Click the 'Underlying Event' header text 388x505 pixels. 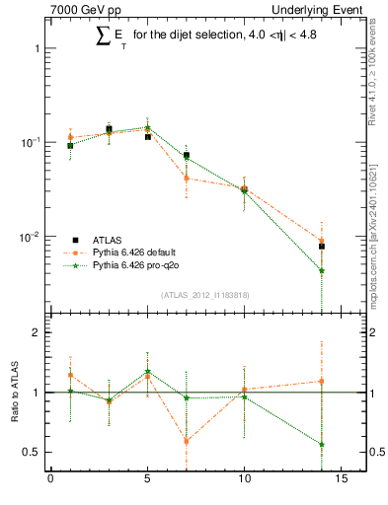click(317, 10)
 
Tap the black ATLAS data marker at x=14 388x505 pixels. click(322, 247)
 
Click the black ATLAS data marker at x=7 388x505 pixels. click(187, 155)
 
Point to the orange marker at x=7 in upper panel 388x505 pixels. click(187, 179)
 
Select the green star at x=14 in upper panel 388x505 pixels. click(322, 270)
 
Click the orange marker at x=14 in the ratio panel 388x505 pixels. click(322, 381)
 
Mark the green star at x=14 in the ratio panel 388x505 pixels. click(322, 444)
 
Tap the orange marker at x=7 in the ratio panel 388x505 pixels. click(187, 441)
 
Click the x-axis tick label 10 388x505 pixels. click(244, 481)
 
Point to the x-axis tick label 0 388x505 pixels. click(50, 481)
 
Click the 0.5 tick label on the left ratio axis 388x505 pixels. click(33, 452)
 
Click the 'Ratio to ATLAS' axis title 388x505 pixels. click(12, 393)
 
